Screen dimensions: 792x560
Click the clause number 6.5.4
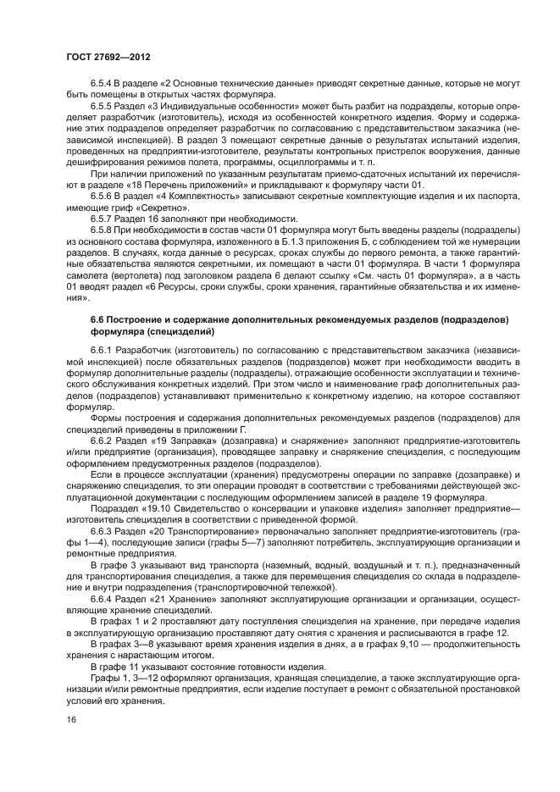(103, 86)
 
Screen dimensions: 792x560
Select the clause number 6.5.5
(103, 106)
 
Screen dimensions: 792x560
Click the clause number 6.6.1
(103, 348)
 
